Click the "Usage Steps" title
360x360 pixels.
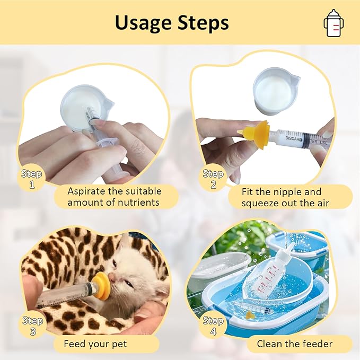pos(172,23)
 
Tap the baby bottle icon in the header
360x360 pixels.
pos(332,23)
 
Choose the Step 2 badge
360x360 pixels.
pos(213,178)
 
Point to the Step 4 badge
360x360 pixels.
pos(213,324)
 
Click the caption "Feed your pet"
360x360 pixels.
pos(95,344)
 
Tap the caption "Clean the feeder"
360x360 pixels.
pos(294,344)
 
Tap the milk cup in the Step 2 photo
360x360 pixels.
pos(276,91)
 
